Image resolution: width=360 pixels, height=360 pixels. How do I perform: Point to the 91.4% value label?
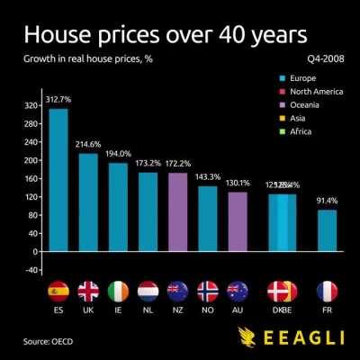click(328, 201)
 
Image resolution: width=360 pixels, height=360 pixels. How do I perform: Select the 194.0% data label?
click(118, 153)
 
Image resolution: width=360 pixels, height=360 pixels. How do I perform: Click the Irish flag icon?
click(118, 292)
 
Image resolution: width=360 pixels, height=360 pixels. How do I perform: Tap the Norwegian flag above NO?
click(208, 292)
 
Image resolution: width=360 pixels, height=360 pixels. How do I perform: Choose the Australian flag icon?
click(238, 292)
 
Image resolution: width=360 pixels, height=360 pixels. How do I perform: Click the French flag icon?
click(327, 292)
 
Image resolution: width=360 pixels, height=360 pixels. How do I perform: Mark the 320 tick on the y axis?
click(31, 105)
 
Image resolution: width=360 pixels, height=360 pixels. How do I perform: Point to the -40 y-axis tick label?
click(31, 269)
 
